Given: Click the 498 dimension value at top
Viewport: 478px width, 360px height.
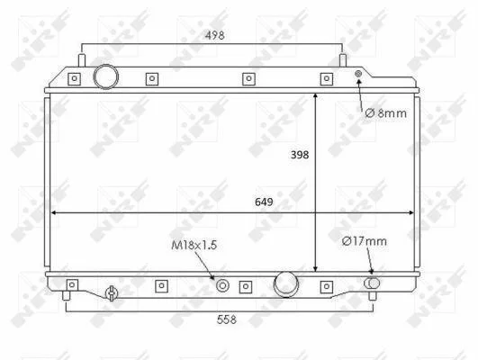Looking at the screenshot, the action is pos(215,35).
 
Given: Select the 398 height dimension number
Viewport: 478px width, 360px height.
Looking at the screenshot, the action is pos(300,155).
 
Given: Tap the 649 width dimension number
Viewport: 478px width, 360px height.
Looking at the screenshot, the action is pos(264,202).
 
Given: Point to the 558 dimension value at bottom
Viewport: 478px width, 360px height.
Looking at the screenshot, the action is pos(227,319).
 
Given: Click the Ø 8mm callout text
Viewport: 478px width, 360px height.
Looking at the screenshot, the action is pos(386,113).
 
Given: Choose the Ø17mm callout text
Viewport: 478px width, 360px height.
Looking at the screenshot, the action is pos(365,241).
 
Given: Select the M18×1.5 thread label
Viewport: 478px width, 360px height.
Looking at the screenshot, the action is pos(194,245).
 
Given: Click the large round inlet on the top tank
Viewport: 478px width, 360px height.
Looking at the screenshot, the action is pos(106,76).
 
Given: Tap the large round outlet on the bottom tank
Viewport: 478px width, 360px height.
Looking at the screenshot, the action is pos(286,284).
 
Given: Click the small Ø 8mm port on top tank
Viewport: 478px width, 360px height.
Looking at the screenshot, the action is pos(358,74).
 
